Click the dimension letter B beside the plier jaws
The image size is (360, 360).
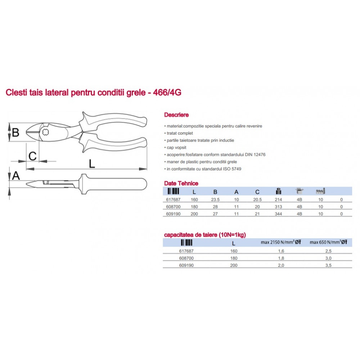point(15,132)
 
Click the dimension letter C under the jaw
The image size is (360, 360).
point(32,156)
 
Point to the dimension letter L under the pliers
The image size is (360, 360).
point(92,164)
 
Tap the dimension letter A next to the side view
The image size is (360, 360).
point(16,176)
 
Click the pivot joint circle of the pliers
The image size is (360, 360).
point(45,132)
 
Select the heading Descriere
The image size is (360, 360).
point(176,115)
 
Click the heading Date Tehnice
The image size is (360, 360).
point(181,183)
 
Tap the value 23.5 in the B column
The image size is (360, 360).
point(215,199)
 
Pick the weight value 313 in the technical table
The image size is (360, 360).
point(278,207)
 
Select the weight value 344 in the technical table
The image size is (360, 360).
point(278,214)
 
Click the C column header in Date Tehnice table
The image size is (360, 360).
point(257,192)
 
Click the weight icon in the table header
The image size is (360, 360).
point(279,191)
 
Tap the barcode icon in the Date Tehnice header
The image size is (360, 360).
point(174,191)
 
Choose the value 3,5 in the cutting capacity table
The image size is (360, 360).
point(328,265)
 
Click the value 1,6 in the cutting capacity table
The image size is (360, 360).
point(281,251)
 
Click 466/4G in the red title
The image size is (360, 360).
point(167,92)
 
